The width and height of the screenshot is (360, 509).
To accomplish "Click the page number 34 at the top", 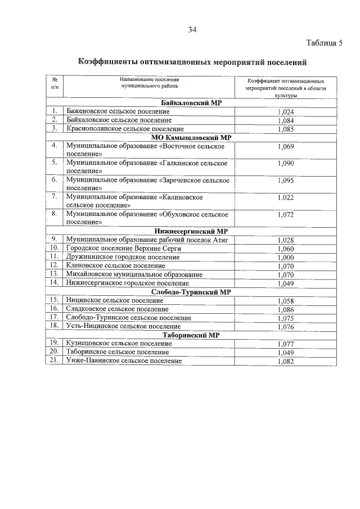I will pyautogui.click(x=192, y=29).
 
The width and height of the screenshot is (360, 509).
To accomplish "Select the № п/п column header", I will pyautogui.click(x=55, y=84).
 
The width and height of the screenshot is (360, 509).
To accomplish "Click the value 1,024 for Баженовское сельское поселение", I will pyautogui.click(x=286, y=112).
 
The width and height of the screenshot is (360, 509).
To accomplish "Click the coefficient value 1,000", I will pyautogui.click(x=286, y=257).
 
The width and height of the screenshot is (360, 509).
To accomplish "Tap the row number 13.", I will pyautogui.click(x=55, y=274).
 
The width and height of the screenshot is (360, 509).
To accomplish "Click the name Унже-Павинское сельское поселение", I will pyautogui.click(x=124, y=361).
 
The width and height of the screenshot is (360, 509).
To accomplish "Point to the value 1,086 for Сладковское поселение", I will pyautogui.click(x=286, y=309).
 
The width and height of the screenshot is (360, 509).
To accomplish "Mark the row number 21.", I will pyautogui.click(x=55, y=361).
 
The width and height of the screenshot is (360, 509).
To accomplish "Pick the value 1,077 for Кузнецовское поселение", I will pyautogui.click(x=286, y=344).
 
